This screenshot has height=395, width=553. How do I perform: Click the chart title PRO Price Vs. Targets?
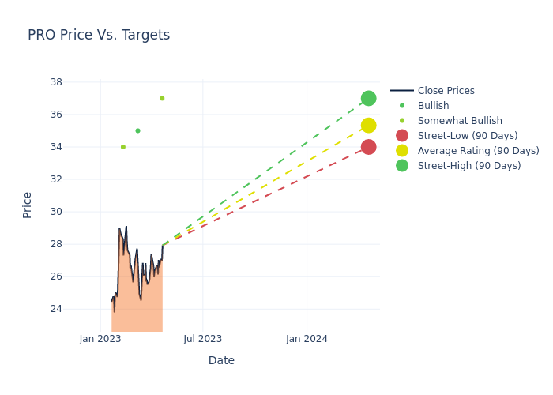99,35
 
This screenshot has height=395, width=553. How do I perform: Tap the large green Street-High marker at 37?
368,98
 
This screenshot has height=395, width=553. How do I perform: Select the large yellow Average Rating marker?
368,126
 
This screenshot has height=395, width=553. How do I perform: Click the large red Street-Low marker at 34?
368,147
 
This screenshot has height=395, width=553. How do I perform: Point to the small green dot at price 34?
122,147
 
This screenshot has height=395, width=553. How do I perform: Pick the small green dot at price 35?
137,130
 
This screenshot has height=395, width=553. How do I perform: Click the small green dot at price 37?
162,98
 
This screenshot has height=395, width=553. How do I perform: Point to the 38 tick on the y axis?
56,82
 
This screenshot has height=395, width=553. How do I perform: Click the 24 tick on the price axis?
56,309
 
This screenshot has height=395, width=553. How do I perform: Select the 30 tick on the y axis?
56,212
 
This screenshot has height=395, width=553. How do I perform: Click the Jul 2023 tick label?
203,339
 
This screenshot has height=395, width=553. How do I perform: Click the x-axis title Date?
221,361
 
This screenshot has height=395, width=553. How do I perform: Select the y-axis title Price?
28,205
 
